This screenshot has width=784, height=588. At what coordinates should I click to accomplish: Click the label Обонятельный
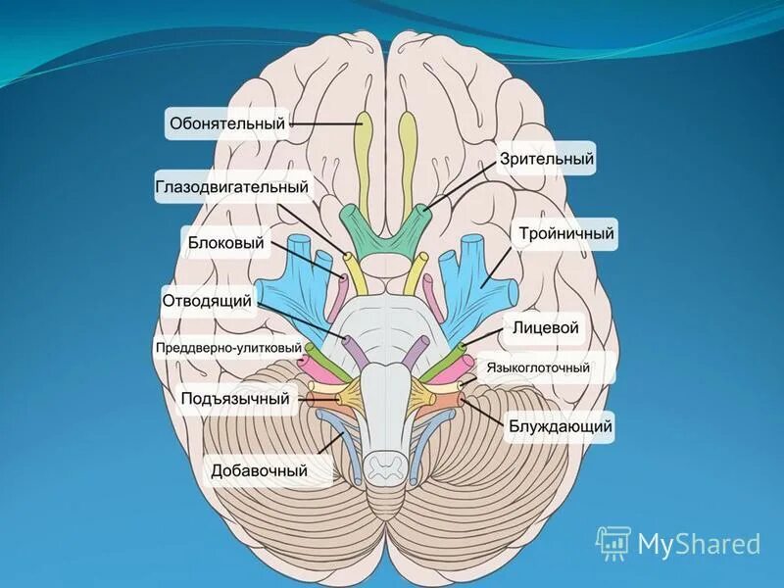[227, 123]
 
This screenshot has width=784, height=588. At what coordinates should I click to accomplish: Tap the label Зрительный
[547, 158]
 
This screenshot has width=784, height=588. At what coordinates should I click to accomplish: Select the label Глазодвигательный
[231, 186]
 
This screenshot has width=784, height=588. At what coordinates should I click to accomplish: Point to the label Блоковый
[225, 242]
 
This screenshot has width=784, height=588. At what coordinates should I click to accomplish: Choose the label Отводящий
[209, 301]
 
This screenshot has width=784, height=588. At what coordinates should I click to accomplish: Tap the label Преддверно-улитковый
[227, 348]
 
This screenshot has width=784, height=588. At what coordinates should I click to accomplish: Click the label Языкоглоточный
[547, 367]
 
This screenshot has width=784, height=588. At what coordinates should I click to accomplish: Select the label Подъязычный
[236, 398]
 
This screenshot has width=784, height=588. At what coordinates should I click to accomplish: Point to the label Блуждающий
[561, 425]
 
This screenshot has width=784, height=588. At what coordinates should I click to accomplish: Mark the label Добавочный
[260, 470]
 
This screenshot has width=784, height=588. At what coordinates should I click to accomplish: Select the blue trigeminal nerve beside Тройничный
[475, 277]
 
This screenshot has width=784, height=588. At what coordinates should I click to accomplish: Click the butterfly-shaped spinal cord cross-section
[383, 462]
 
